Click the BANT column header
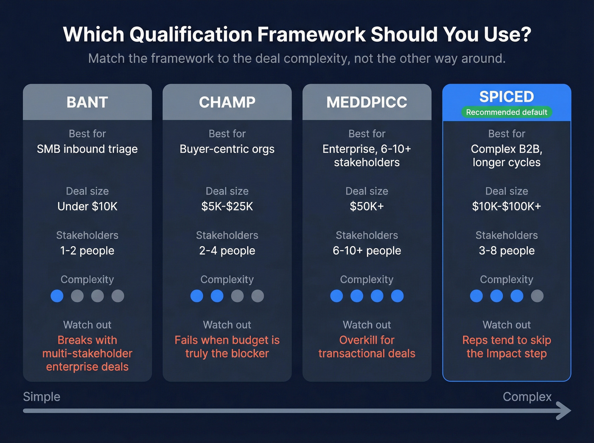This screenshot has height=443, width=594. point(87,102)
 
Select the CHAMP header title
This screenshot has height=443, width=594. point(227,102)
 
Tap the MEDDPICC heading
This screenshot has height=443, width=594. point(367,102)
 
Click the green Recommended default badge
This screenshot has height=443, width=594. point(507,112)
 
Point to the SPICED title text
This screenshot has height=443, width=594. point(507,97)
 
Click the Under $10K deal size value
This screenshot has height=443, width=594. point(87,206)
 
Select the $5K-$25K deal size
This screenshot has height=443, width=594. point(227,206)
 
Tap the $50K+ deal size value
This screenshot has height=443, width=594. point(367,206)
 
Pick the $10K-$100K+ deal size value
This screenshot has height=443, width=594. point(507,206)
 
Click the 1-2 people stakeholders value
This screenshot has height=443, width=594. point(87,251)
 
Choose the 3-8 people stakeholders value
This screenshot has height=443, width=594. point(507,251)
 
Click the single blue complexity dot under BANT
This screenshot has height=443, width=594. point(57,296)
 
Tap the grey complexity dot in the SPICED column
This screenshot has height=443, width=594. point(537,296)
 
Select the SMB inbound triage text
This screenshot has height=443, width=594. point(87,149)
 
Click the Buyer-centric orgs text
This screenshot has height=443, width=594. point(227,149)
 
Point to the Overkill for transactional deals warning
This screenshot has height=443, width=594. point(367,347)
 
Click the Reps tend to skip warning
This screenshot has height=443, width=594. point(507,347)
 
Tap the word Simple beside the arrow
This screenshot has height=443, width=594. point(42,397)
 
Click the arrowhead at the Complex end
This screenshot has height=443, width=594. point(564,410)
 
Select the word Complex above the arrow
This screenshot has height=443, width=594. point(527,397)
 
